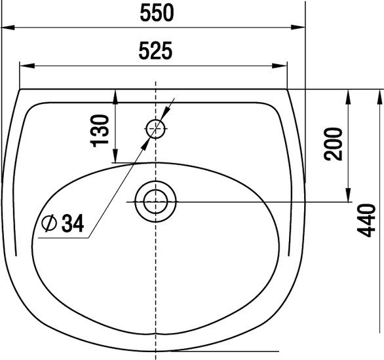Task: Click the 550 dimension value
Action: pos(157,13)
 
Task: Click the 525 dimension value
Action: pos(155,51)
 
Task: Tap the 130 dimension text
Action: pos(100,131)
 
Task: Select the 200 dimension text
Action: pos(333,144)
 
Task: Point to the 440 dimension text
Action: pos(366,220)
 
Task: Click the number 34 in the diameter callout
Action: pos(73,223)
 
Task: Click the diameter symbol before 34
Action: pos(49,223)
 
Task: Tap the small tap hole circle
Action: pos(155,129)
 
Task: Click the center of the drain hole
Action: pos(155,202)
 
